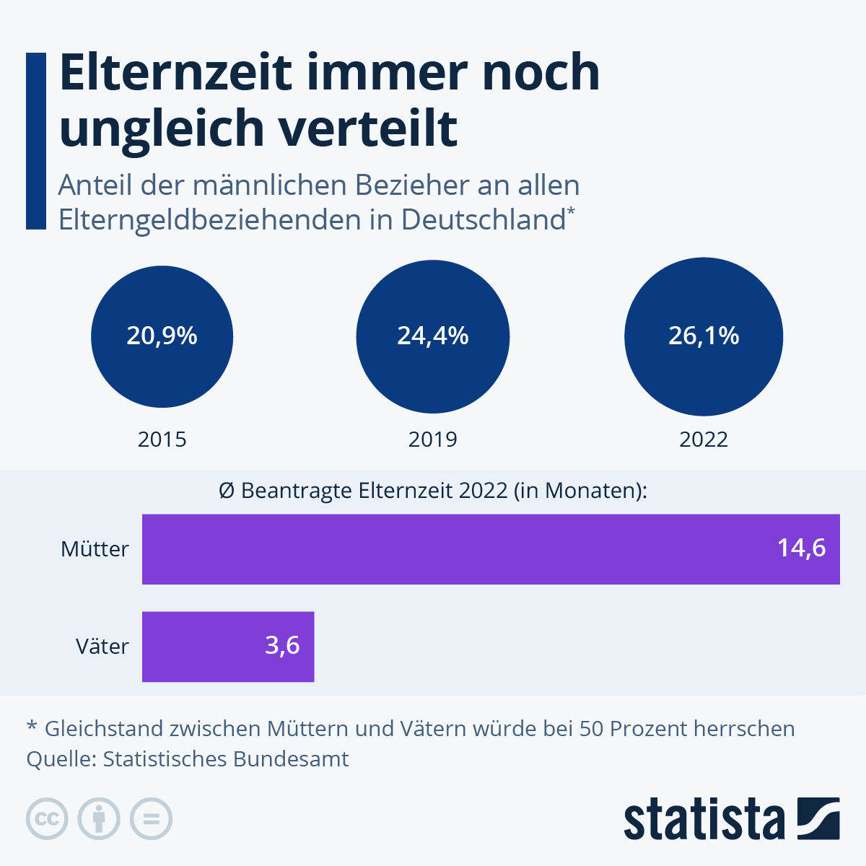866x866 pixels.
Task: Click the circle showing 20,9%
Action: click(162, 336)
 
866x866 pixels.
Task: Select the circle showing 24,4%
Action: click(433, 336)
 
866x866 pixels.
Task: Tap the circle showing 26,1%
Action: click(704, 336)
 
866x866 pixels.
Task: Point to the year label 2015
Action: click(162, 439)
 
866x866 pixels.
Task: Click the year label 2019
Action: click(433, 439)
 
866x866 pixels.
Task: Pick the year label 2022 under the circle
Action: click(704, 439)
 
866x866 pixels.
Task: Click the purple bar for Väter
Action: click(216, 647)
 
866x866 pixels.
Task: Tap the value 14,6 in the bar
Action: click(801, 548)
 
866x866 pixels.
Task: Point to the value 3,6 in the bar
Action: click(282, 645)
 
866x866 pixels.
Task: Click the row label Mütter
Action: click(95, 549)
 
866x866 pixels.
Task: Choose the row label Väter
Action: click(102, 647)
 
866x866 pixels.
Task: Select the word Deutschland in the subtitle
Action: click(483, 219)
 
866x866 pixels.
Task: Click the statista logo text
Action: click(704, 819)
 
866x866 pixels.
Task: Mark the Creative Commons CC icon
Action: click(47, 819)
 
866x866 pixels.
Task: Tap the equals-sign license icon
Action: click(151, 819)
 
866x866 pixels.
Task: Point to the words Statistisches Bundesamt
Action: click(226, 759)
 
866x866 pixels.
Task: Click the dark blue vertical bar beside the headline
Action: click(36, 141)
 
